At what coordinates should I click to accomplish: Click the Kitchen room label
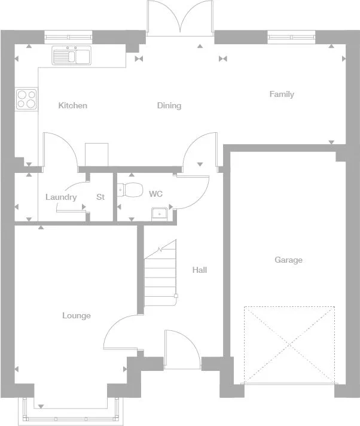[x=72, y=106]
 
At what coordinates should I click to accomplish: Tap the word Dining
[x=169, y=106]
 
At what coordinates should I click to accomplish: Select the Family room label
[x=282, y=95]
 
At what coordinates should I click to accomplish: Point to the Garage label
[x=288, y=260]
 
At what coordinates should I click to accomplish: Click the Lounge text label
[x=77, y=315]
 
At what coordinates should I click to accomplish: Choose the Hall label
[x=200, y=270]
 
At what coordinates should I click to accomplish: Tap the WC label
[x=155, y=194]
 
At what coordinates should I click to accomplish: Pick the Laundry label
[x=61, y=197]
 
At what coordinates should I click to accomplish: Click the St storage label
[x=100, y=197]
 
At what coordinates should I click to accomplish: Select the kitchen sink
[x=71, y=56]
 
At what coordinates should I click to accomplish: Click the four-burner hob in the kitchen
[x=26, y=99]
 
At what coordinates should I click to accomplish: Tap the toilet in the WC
[x=130, y=190]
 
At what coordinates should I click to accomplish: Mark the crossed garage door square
[x=289, y=345]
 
